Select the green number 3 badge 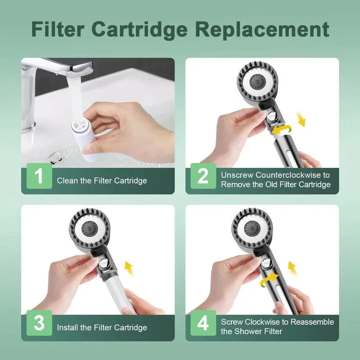(x=39, y=323)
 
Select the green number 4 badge (x=203, y=323)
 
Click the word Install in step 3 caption (x=67, y=328)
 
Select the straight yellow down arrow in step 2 (x=301, y=120)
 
